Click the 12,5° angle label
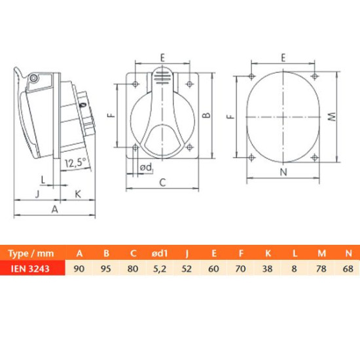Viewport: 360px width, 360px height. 75,162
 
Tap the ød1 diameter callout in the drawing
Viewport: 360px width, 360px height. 147,168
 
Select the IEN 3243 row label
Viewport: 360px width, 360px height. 30,268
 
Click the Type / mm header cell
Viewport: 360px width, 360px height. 31,253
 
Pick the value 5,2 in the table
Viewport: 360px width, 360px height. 160,268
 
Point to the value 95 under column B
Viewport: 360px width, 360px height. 106,268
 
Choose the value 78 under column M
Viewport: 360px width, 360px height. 321,268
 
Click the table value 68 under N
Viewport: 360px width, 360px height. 348,268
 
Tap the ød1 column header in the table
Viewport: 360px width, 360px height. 160,253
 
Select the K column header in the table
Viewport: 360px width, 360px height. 268,253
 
